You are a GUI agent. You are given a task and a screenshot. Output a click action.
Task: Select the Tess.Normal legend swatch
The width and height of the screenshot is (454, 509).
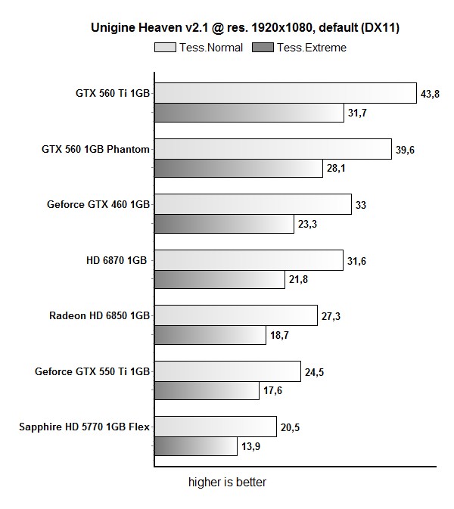[164, 48]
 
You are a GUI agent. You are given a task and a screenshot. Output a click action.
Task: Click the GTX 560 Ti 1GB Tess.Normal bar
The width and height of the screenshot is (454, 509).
[285, 93]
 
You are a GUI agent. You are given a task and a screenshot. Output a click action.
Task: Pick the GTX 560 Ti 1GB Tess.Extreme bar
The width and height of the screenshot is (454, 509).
[249, 113]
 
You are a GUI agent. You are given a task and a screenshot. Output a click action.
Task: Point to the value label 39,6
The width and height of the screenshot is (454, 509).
[406, 150]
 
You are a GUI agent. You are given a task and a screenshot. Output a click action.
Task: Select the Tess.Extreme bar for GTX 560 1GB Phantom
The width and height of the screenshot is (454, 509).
[238, 168]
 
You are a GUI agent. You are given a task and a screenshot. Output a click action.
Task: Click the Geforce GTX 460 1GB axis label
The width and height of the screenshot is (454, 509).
[98, 204]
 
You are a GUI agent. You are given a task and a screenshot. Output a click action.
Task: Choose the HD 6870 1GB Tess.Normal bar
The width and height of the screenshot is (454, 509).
[249, 260]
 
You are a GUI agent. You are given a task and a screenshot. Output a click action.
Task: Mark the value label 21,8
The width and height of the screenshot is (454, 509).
[298, 280]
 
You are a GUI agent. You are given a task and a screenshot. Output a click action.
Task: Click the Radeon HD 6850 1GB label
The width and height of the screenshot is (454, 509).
[100, 315]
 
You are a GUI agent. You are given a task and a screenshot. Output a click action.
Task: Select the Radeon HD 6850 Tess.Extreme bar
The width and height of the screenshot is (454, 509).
[210, 335]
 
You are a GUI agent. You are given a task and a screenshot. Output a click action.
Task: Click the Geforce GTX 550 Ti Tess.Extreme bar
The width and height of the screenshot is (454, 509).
[207, 390]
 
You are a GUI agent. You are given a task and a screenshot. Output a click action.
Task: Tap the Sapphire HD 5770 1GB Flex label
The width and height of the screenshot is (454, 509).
[85, 427]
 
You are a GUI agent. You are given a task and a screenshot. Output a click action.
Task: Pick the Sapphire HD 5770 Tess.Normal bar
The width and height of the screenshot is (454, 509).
[216, 427]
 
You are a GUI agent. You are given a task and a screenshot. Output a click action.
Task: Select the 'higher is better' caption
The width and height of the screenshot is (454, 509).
[227, 482]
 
